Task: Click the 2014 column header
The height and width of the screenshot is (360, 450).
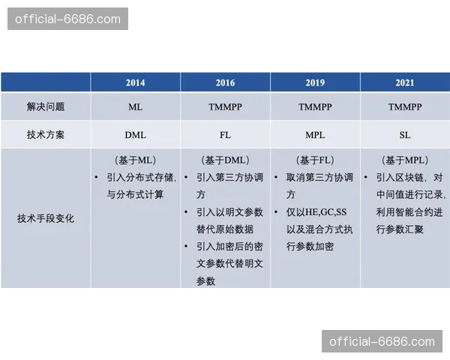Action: click(x=135, y=82)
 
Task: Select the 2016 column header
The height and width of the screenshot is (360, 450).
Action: click(x=225, y=82)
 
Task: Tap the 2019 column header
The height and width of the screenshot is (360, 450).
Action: click(x=315, y=82)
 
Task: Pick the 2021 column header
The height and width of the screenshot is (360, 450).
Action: click(x=405, y=82)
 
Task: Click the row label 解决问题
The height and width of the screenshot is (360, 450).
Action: click(x=46, y=107)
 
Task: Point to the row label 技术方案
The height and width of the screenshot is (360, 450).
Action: click(x=46, y=135)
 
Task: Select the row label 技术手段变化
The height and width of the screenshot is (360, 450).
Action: click(x=46, y=219)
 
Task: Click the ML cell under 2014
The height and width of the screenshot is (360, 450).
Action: click(x=135, y=107)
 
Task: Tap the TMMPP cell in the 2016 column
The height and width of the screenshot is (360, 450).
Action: click(x=225, y=107)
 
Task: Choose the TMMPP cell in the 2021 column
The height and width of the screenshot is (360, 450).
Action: click(x=405, y=107)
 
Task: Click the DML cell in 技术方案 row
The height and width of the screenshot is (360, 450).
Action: click(x=135, y=135)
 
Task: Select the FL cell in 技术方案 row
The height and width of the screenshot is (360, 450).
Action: click(x=225, y=135)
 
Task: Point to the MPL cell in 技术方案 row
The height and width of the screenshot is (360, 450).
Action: click(x=315, y=135)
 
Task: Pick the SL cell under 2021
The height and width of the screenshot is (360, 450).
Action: click(x=405, y=135)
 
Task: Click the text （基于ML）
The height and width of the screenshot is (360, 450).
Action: click(x=135, y=160)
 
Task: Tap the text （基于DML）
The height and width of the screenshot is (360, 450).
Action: click(x=225, y=160)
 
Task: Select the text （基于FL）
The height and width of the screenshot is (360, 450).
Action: click(x=315, y=160)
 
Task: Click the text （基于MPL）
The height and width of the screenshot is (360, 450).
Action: click(x=405, y=160)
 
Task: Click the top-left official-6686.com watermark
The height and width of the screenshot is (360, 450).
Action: click(x=68, y=18)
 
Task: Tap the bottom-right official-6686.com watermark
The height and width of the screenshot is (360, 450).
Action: click(x=382, y=342)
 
